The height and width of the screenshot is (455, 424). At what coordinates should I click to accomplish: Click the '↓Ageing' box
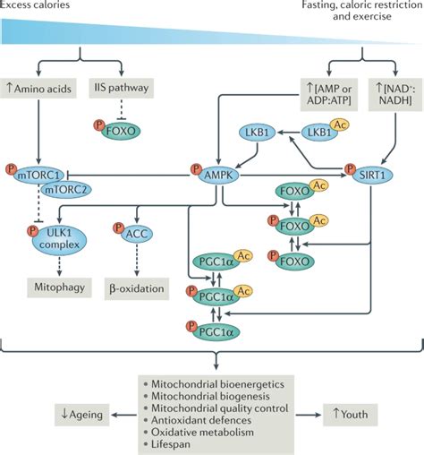tap(81, 415)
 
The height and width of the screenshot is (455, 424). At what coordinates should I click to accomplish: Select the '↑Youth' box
tap(354, 415)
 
